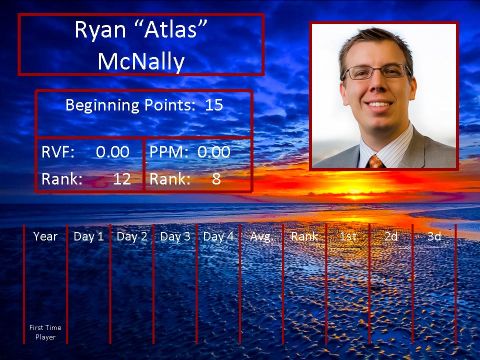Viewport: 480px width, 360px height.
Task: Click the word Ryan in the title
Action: pos(100,30)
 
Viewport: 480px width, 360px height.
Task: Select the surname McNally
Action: pos(141,61)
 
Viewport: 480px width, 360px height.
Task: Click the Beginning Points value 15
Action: pos(213,105)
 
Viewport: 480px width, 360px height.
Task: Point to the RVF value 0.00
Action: pos(112,152)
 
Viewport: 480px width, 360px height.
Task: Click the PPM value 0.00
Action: pos(213,152)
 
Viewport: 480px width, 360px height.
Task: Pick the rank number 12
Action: pos(122,179)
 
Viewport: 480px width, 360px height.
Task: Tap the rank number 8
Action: pos(216,179)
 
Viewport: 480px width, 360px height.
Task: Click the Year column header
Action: pos(45,236)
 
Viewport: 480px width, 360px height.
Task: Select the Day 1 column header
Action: pos(88,236)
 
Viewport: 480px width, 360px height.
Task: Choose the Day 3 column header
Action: pos(175,236)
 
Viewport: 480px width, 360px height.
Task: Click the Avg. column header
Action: pos(261,236)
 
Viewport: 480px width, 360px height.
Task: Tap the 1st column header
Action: pos(348,236)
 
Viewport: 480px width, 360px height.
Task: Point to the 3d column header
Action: pos(434,236)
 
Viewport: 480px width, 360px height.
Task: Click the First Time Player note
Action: pos(45,332)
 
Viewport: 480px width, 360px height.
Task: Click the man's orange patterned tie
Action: pos(375,161)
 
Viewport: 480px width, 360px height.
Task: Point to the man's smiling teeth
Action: pos(378,104)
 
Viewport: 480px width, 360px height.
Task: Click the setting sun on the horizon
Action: pos(355,196)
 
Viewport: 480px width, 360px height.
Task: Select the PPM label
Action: pos(168,152)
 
